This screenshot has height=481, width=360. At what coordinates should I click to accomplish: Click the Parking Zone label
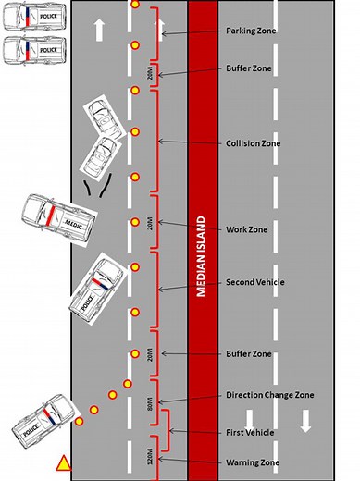pyautogui.click(x=252, y=31)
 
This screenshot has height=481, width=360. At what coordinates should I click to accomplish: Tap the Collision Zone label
pyautogui.click(x=254, y=143)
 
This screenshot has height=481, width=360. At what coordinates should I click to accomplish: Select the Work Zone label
pyautogui.click(x=248, y=229)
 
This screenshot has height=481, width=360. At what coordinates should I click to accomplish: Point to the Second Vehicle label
pyautogui.click(x=255, y=282)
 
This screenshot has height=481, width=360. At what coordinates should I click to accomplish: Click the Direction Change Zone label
pyautogui.click(x=269, y=395)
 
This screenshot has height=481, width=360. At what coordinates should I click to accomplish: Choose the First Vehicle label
pyautogui.click(x=251, y=432)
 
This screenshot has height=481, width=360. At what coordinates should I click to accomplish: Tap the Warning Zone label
pyautogui.click(x=253, y=462)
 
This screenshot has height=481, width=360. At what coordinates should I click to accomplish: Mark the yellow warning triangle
pyautogui.click(x=63, y=462)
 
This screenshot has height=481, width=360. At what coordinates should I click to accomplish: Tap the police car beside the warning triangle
pyautogui.click(x=40, y=422)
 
